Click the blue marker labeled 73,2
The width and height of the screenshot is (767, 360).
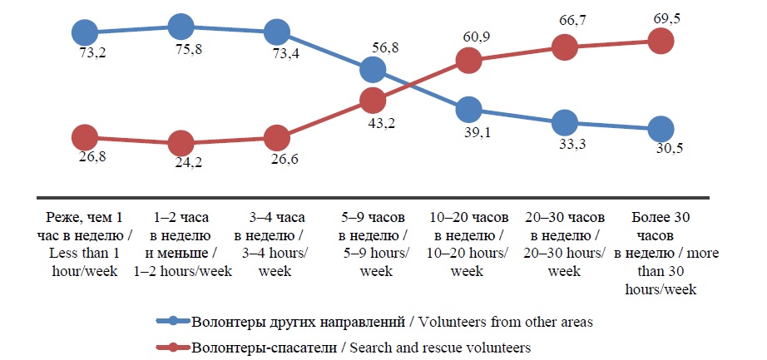pos(85,32)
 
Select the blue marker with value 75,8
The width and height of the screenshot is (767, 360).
pos(181,27)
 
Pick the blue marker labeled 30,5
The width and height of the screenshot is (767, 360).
pos(660,130)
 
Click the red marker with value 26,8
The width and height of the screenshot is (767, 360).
pos(85,136)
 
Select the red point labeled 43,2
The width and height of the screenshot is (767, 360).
pos(373,101)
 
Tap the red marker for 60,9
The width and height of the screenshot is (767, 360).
pos(468,60)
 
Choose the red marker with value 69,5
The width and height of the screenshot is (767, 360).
pos(660,41)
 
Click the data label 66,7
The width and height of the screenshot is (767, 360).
pos(564,18)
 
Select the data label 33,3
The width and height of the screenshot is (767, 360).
pos(564,146)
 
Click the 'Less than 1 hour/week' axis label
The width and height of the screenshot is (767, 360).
pos(85,244)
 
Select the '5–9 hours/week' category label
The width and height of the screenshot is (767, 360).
pos(373,244)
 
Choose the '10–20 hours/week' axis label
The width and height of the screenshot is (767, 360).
pos(468,244)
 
